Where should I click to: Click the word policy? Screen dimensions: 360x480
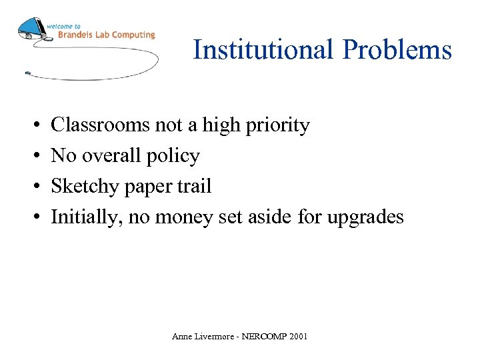pos(173,157)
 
